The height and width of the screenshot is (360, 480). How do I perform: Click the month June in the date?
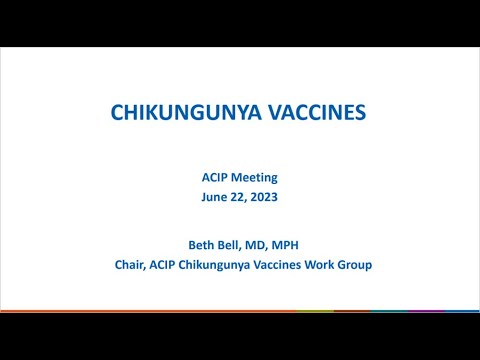[213, 197]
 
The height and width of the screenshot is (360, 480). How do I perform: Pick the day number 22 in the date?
[239, 197]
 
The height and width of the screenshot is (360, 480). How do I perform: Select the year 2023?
[264, 197]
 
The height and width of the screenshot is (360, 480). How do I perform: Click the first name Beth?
[176, 246]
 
